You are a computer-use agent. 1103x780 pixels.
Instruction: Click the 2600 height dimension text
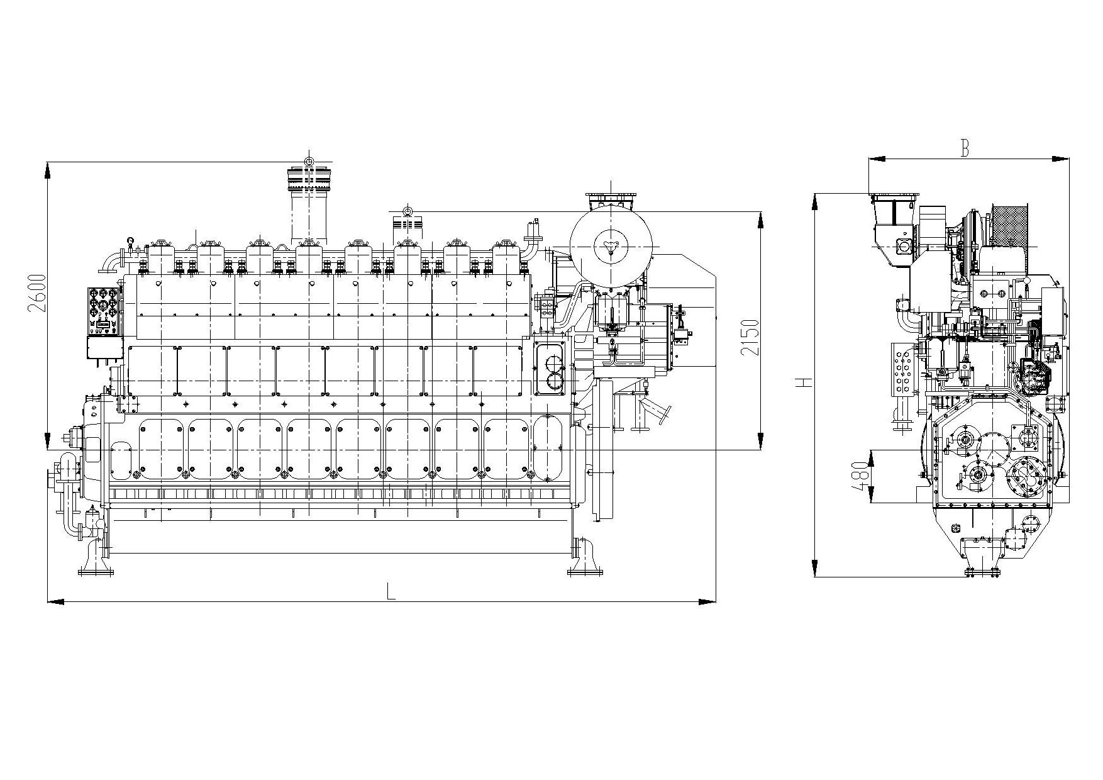pos(37,293)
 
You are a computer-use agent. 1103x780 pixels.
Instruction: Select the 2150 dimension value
pos(751,337)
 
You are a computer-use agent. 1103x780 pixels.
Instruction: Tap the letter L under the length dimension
pos(391,592)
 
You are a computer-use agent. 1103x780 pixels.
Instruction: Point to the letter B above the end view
pos(964,148)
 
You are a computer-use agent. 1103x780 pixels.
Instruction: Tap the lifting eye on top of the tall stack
pos(309,162)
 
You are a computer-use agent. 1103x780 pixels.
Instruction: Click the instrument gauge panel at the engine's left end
pos(104,309)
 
